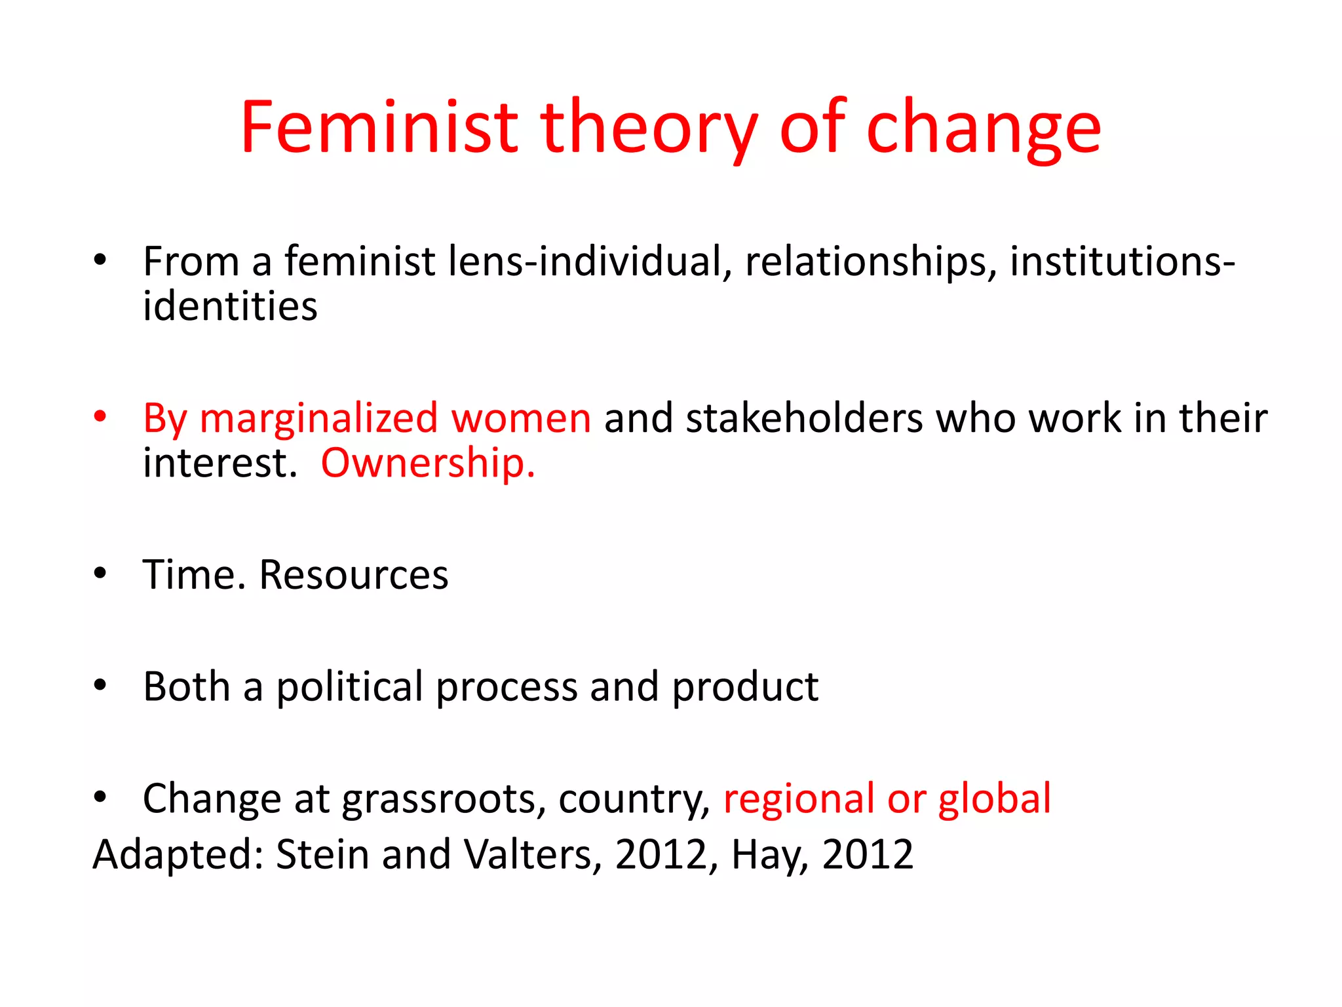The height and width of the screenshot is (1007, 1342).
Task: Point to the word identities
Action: click(x=230, y=306)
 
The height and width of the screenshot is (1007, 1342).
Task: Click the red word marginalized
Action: click(x=318, y=418)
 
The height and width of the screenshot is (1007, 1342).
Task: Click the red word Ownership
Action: click(x=428, y=464)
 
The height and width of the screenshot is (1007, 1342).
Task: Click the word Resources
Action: click(x=354, y=575)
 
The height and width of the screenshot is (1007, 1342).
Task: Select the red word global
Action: click(x=994, y=799)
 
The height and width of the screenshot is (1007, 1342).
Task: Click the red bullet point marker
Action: click(x=100, y=416)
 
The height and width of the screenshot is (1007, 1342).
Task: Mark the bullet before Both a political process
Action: click(x=100, y=686)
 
